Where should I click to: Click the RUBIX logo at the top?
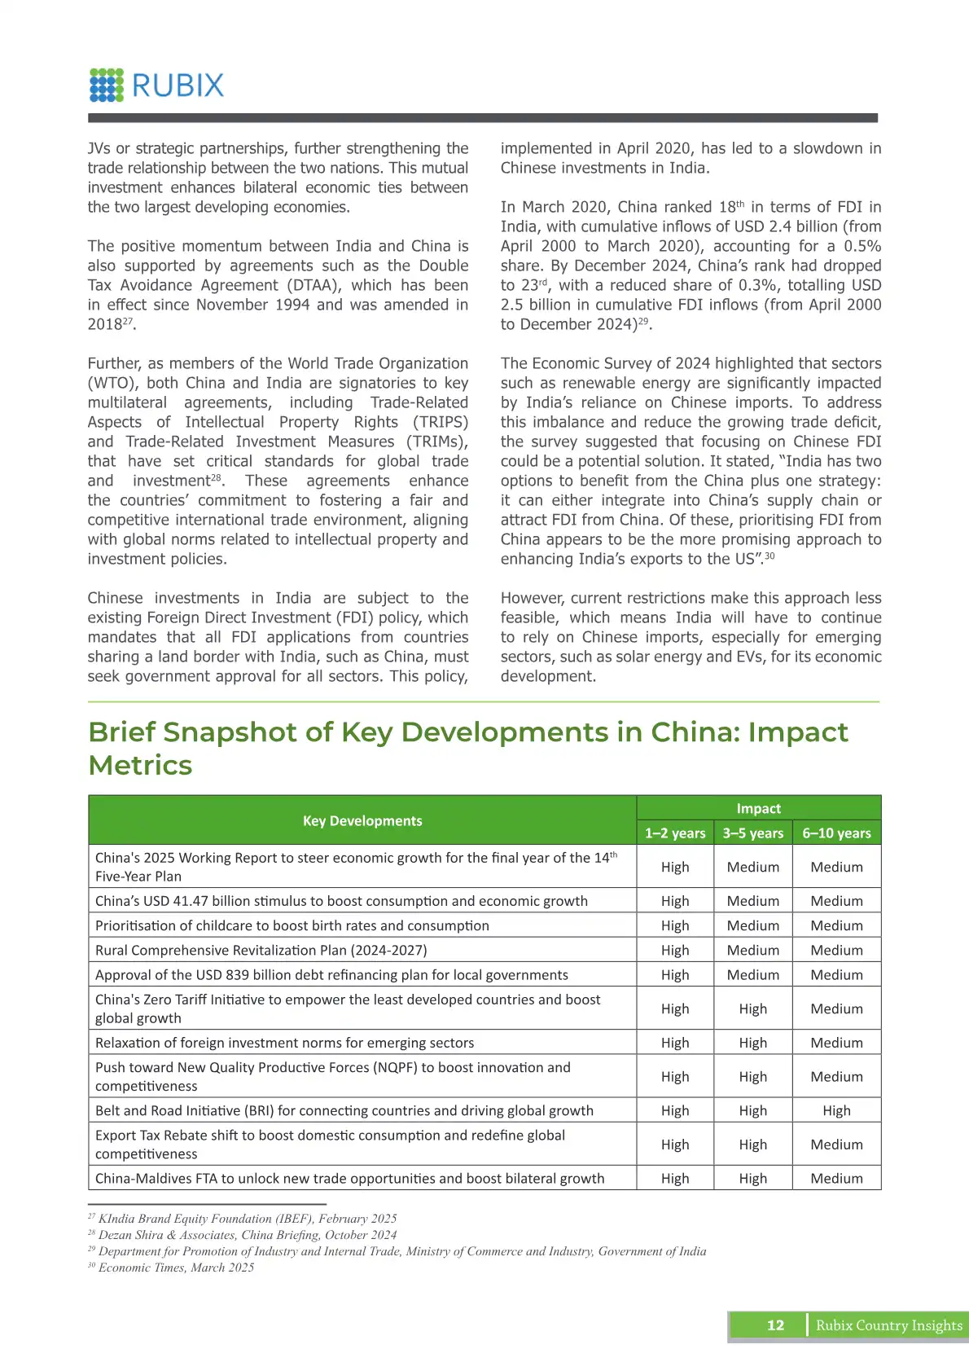pos(156,86)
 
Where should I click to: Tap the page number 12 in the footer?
pos(775,1325)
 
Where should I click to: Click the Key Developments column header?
pos(362,820)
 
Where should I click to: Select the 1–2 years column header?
pos(675,833)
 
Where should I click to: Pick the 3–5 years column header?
pos(752,833)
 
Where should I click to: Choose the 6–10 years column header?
pos(836,833)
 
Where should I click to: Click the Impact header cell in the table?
pos(758,808)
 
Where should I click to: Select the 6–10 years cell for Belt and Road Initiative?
pos(836,1110)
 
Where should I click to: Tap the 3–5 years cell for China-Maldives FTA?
pos(752,1178)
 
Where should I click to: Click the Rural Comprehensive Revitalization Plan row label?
pos(261,950)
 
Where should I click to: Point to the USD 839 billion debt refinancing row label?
pos(331,975)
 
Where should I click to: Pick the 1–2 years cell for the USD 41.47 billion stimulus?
pos(675,901)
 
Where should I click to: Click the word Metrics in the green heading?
pos(140,766)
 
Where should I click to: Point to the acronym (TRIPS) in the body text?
pos(440,422)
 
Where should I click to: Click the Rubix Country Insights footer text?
pos(888,1325)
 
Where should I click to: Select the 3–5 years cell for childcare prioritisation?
pos(752,925)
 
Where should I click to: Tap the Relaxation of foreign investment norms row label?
pos(284,1043)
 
